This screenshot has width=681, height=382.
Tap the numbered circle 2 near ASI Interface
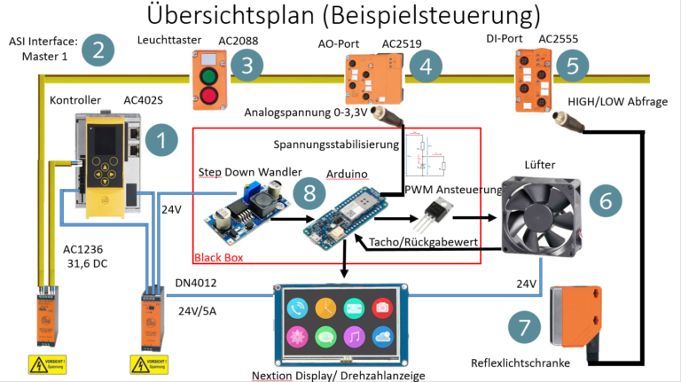98,51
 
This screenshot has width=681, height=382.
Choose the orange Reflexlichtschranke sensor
578,317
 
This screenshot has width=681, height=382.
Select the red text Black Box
218,258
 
